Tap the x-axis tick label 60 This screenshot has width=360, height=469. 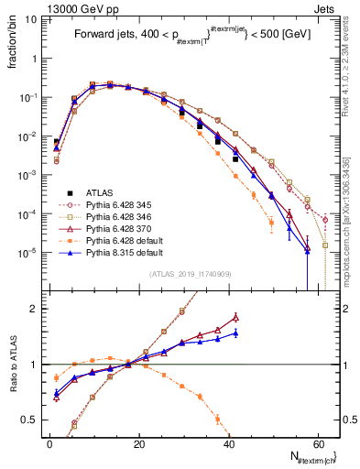tap(318, 442)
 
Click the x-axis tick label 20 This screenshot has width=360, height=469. tap(139, 442)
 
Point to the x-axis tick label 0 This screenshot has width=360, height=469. tap(49, 442)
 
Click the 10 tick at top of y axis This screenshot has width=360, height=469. tap(31, 17)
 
